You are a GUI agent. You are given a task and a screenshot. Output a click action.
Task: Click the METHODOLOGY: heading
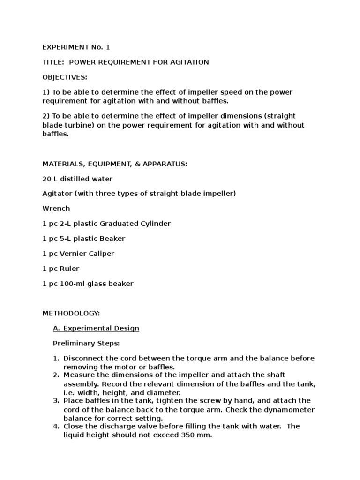(x=71, y=313)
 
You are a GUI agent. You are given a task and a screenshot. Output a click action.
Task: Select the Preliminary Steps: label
(x=86, y=343)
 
